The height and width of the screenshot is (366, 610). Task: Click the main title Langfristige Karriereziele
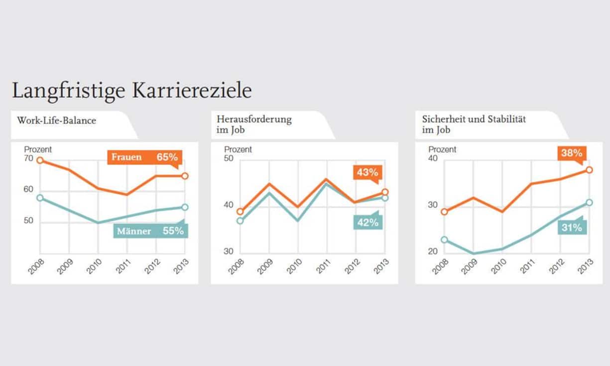coord(131,91)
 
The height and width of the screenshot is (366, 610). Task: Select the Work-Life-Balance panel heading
coord(56,121)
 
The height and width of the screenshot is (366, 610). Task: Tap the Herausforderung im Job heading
coord(254,124)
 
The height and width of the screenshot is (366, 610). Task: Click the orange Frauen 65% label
coord(144,157)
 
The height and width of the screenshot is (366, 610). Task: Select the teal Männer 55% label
coord(150,231)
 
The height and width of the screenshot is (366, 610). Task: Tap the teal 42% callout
coord(368,222)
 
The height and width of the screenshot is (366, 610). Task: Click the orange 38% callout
coord(572,153)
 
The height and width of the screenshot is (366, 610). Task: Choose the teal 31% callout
coord(572,228)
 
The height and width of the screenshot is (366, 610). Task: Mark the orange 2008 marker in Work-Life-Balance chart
coord(40,160)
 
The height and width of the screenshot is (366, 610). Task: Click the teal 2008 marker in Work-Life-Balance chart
coord(40,198)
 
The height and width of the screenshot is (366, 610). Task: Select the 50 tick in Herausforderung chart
coord(229,159)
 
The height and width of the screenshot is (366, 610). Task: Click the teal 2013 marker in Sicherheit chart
coord(589,203)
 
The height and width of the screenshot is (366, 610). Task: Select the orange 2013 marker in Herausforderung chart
coord(385,192)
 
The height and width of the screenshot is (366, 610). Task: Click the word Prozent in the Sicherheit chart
coord(442,149)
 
